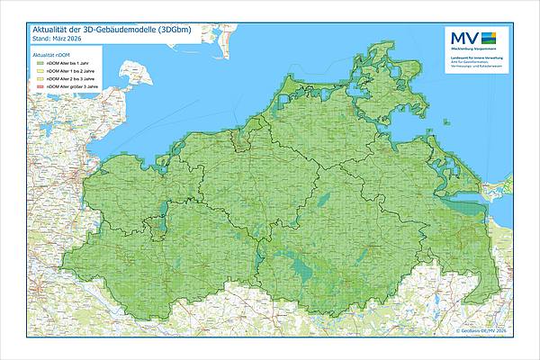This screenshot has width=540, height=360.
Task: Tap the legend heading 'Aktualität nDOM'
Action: (52, 55)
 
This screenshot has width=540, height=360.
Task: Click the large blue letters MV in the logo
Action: (463, 39)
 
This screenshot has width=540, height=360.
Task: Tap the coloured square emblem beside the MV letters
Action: (490, 39)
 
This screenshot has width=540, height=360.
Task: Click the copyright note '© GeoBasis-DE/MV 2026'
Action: (481, 331)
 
